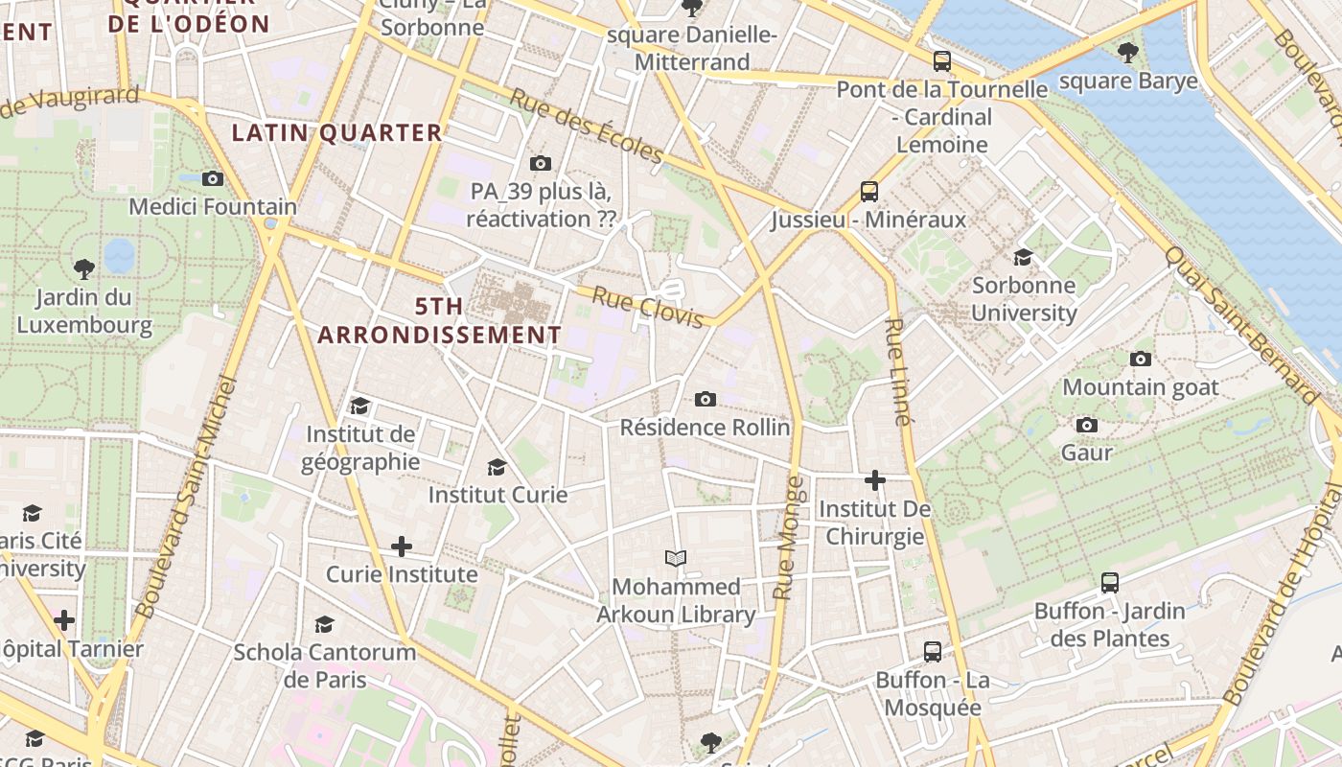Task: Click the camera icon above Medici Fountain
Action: pyautogui.click(x=213, y=178)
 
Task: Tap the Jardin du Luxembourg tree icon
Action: pyautogui.click(x=84, y=268)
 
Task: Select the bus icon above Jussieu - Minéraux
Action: pyautogui.click(x=869, y=192)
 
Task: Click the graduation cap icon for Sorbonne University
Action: pyautogui.click(x=1024, y=257)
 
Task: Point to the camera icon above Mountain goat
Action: pyautogui.click(x=1141, y=359)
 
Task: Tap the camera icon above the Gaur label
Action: pyautogui.click(x=1087, y=425)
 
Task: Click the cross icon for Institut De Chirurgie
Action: pyautogui.click(x=874, y=479)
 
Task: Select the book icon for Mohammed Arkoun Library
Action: pyautogui.click(x=676, y=558)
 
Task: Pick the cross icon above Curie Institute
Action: pyautogui.click(x=402, y=546)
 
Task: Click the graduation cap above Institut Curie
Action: pyautogui.click(x=497, y=467)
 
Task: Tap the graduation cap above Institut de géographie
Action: pyautogui.click(x=359, y=406)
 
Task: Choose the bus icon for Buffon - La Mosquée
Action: pyautogui.click(x=932, y=652)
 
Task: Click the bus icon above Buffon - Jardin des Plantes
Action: pyautogui.click(x=1110, y=582)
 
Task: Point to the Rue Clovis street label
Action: pyautogui.click(x=648, y=308)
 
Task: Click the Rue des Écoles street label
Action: pyautogui.click(x=586, y=126)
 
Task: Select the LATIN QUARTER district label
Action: pyautogui.click(x=337, y=132)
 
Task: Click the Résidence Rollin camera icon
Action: pyautogui.click(x=706, y=399)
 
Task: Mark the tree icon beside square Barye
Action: pyautogui.click(x=1128, y=53)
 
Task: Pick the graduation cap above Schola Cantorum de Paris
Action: pyautogui.click(x=325, y=624)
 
